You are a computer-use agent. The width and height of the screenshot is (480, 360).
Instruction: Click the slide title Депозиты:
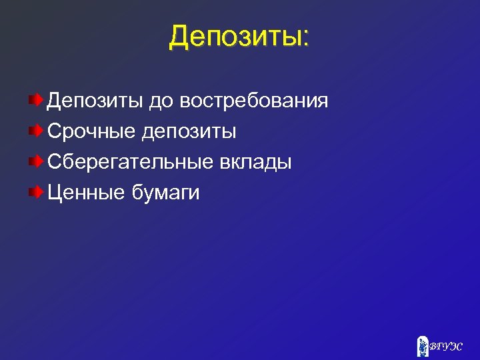[239, 37]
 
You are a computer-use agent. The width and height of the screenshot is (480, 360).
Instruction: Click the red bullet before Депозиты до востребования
[35, 101]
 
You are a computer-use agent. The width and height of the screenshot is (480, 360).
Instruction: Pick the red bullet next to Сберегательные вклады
[35, 162]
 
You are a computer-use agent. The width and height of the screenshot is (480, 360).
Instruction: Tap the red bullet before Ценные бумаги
[35, 193]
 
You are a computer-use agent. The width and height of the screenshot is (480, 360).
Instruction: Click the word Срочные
[91, 132]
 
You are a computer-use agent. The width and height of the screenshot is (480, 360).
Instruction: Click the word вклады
[256, 163]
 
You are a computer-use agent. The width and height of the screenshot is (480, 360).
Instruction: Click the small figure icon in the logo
[422, 345]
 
